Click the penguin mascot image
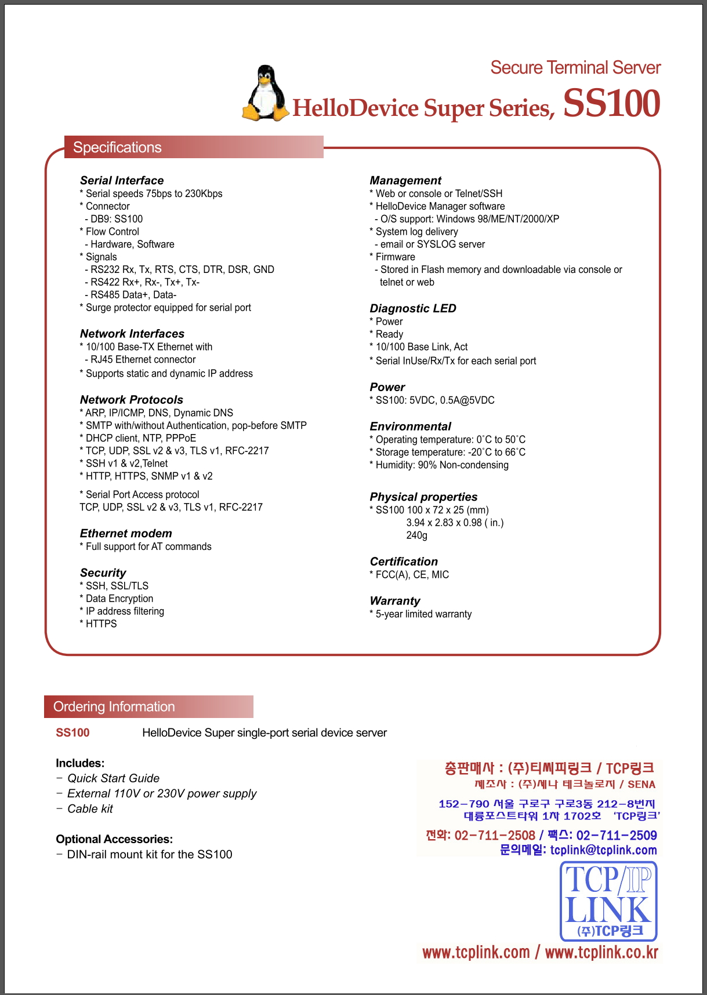point(265,94)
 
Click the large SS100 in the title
point(611,104)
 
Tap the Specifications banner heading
point(117,147)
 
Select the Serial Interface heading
point(122,180)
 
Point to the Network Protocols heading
point(132,400)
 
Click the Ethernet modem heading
point(126,533)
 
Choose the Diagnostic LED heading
point(413,308)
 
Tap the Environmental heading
point(411,427)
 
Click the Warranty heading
point(395,601)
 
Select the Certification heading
point(404,562)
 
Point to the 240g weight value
point(416,535)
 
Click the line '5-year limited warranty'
point(423,614)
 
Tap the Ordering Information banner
point(114,706)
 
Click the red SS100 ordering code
point(72,732)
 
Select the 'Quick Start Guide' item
point(113,778)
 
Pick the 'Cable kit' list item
point(90,809)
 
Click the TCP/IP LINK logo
point(608,901)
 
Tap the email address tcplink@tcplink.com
point(603,850)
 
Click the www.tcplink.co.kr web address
point(601,952)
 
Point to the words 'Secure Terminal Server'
point(575,68)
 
